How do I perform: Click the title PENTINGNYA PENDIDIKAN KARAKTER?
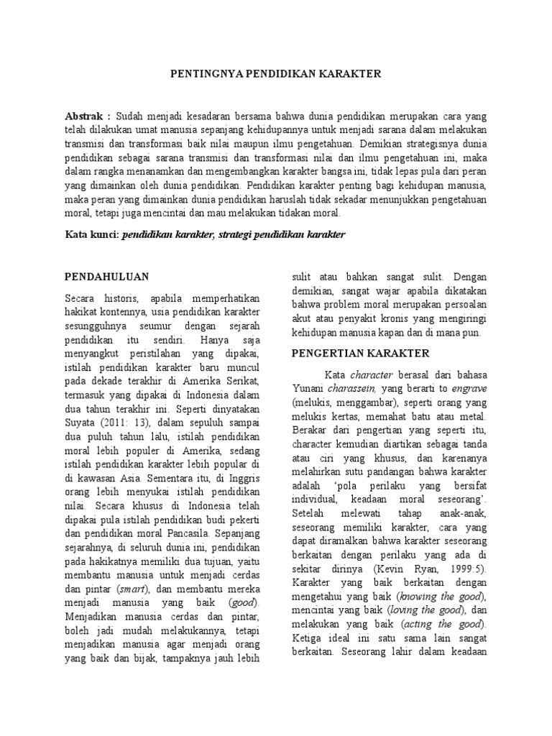(275, 73)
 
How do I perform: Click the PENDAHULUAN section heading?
(106, 276)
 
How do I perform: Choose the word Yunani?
(308, 390)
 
